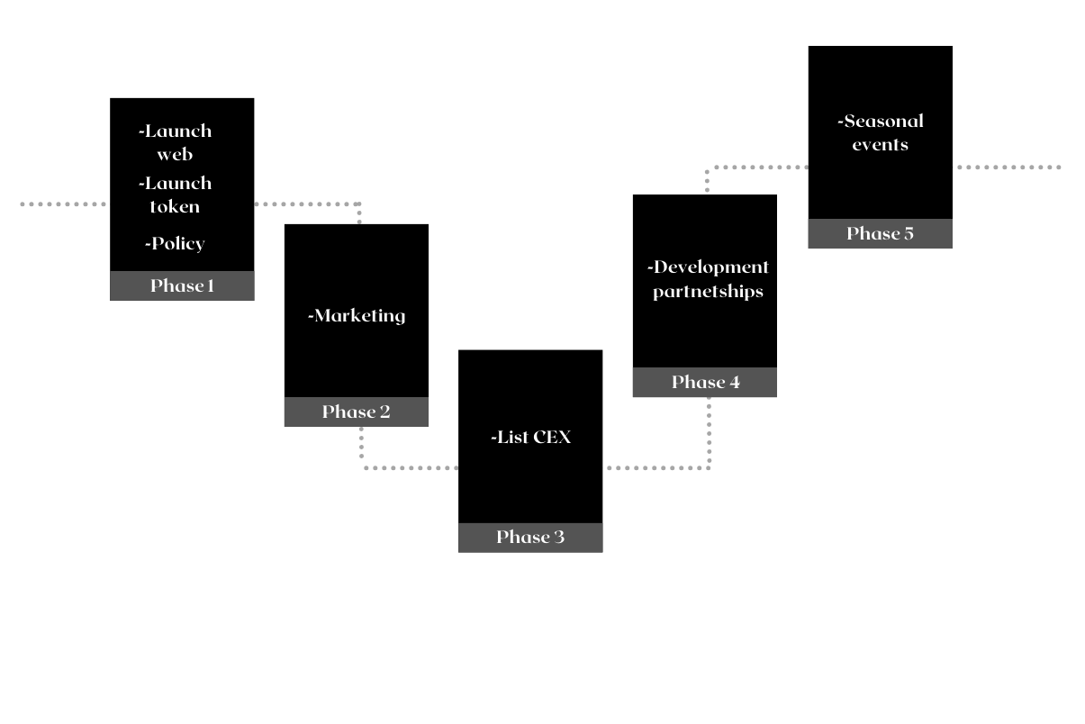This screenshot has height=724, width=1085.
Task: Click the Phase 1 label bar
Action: click(182, 285)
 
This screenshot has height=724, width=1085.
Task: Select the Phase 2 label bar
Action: click(356, 412)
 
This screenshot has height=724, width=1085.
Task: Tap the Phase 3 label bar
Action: click(530, 537)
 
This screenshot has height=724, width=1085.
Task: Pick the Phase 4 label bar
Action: click(705, 382)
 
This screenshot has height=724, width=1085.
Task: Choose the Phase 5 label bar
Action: click(880, 233)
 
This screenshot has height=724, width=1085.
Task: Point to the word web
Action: click(175, 154)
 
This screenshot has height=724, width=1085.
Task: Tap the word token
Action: click(175, 206)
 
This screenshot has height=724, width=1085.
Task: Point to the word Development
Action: click(710, 267)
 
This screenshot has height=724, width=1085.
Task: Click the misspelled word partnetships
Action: click(708, 292)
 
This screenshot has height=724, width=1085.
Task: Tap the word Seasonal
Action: click(883, 121)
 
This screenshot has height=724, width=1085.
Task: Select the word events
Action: click(880, 144)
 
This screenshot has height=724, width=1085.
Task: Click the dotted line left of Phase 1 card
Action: click(63, 204)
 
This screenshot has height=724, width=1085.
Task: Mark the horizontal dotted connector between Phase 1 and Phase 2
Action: click(306, 204)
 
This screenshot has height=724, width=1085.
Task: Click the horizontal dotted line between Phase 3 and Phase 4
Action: click(657, 467)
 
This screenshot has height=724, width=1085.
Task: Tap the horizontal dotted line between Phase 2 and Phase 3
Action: click(410, 467)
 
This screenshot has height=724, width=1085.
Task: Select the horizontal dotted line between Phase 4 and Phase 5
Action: click(756, 167)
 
